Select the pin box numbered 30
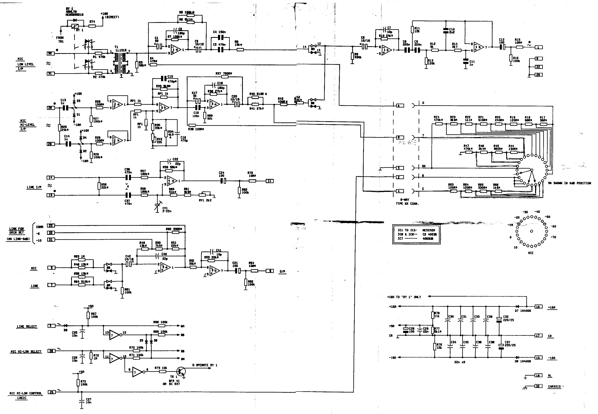[50, 53]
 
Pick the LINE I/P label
[34, 187]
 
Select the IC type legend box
[416, 234]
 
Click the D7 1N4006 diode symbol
[517, 307]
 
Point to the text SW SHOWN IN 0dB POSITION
[570, 183]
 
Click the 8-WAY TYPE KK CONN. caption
[407, 202]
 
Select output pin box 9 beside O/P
[270, 271]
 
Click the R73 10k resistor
[162, 371]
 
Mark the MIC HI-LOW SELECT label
[26, 352]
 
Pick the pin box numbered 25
[51, 392]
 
